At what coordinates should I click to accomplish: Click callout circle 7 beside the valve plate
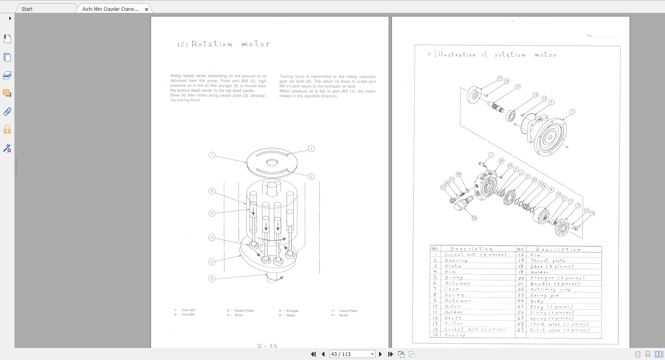212,155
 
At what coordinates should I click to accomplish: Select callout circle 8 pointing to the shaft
212,278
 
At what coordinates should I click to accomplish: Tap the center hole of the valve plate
272,162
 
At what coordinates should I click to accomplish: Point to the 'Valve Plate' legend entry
348,311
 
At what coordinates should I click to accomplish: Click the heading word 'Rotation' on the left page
212,44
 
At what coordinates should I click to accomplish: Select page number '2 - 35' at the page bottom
267,346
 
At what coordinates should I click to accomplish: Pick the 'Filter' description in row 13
454,323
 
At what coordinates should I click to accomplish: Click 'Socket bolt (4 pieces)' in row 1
475,254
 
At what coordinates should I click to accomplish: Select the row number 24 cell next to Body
520,301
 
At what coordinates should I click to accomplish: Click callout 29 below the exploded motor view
474,218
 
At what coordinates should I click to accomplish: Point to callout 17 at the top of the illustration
500,78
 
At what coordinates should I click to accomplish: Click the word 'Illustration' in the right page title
455,54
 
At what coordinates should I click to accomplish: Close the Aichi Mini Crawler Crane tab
147,9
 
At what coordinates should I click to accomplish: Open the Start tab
27,9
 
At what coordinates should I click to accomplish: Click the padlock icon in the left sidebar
7,129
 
